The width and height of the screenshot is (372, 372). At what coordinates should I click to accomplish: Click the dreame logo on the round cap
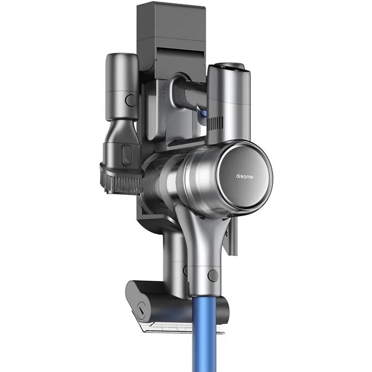click(245, 177)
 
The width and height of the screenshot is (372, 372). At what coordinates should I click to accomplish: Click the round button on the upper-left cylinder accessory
click(130, 100)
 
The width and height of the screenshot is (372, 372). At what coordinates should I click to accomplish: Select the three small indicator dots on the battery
click(164, 93)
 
